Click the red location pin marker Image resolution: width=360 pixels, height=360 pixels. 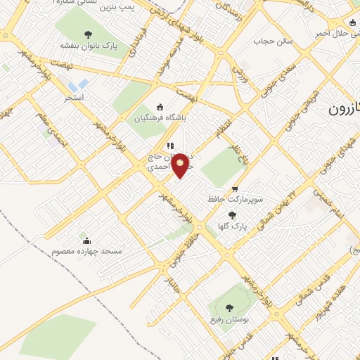click(x=181, y=165)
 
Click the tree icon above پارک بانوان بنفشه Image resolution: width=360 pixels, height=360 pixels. click(x=88, y=34)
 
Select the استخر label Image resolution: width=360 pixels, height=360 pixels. click(x=74, y=96)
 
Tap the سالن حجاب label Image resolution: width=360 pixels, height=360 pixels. click(x=267, y=41)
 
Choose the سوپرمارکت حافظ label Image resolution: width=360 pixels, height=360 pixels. click(x=235, y=199)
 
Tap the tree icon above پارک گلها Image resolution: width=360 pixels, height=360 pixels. click(x=233, y=215)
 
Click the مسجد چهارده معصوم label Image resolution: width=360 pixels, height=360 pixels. click(x=86, y=251)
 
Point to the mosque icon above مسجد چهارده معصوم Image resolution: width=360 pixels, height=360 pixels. click(x=86, y=240)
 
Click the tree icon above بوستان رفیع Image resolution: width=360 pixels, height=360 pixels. click(x=229, y=307)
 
